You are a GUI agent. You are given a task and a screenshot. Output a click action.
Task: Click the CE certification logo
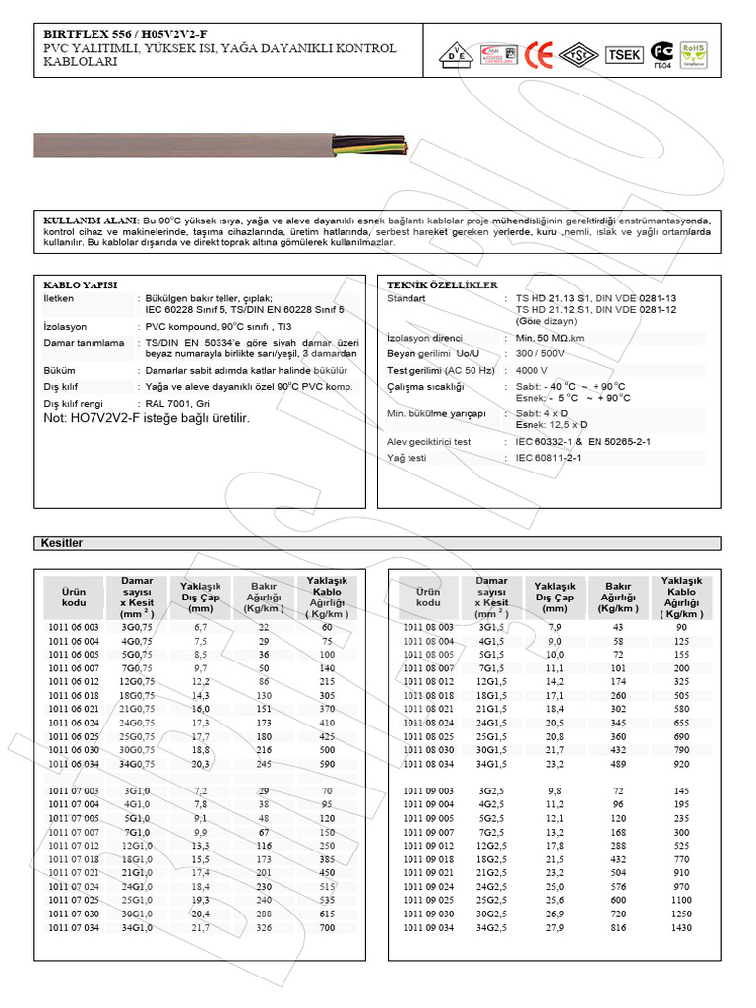point(538,54)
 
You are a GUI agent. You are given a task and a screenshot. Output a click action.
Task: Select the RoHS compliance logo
point(693,54)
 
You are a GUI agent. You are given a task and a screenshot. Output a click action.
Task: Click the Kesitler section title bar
point(378,543)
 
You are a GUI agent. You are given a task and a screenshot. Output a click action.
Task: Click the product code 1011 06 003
point(74,626)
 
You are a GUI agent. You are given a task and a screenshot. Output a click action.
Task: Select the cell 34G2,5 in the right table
point(491,927)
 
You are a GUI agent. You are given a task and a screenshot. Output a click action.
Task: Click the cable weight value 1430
point(681,927)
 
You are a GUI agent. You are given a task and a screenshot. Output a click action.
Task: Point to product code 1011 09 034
point(429,927)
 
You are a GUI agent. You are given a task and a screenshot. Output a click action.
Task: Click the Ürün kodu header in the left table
point(74,596)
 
